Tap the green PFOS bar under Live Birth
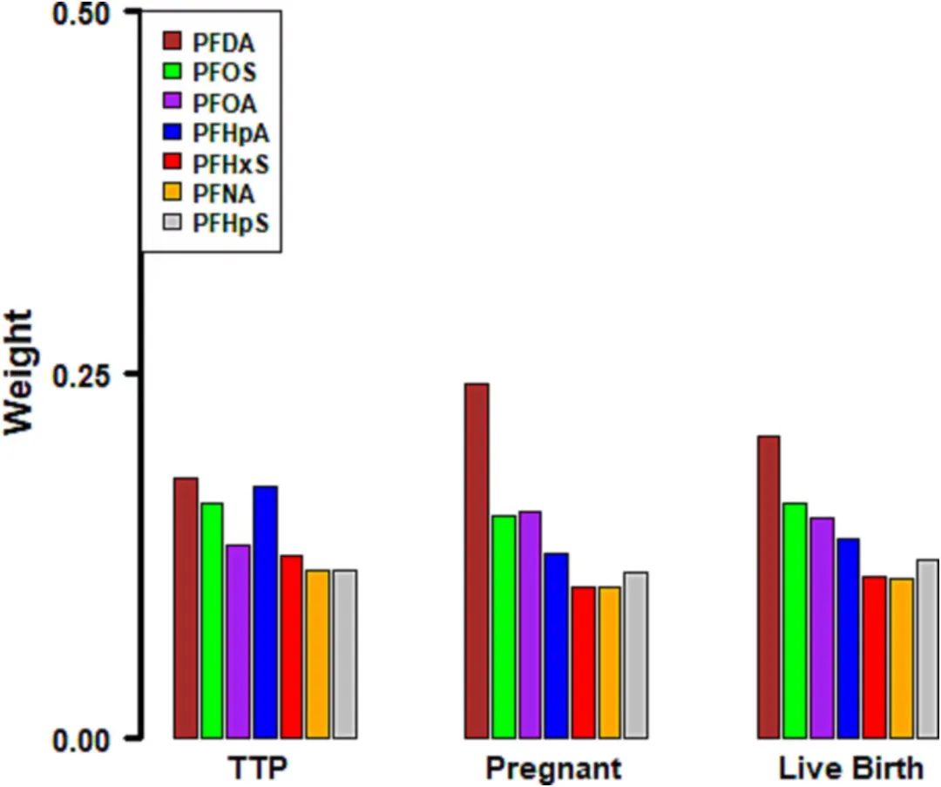pyautogui.click(x=795, y=620)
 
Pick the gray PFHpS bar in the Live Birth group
pyautogui.click(x=927, y=648)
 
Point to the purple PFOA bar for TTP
pyautogui.click(x=239, y=641)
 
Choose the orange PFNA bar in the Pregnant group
pyautogui.click(x=609, y=662)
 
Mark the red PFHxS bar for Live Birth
pyautogui.click(x=874, y=657)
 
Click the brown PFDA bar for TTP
pyautogui.click(x=186, y=607)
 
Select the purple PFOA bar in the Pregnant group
pyautogui.click(x=530, y=624)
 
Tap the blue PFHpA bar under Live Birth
pyautogui.click(x=848, y=638)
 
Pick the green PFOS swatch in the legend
pyautogui.click(x=172, y=71)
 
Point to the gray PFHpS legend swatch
pyautogui.click(x=172, y=223)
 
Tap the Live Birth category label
pyautogui.click(x=850, y=770)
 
